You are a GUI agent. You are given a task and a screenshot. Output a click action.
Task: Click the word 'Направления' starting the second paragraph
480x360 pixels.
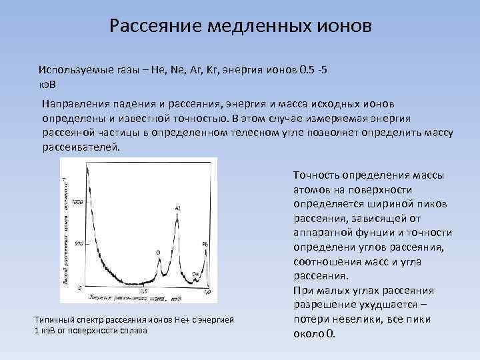(76, 105)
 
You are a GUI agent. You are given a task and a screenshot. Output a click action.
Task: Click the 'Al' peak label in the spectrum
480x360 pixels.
(178, 209)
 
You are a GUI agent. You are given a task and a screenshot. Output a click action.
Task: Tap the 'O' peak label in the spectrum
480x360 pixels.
(158, 253)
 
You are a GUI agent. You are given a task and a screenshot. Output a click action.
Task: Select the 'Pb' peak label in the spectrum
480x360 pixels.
(205, 245)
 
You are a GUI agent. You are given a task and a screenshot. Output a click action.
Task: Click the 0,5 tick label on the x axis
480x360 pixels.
(143, 293)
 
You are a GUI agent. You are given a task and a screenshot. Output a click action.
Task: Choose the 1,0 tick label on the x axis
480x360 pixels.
(208, 293)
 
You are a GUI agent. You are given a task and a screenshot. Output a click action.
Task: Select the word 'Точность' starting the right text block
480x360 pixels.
(316, 175)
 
